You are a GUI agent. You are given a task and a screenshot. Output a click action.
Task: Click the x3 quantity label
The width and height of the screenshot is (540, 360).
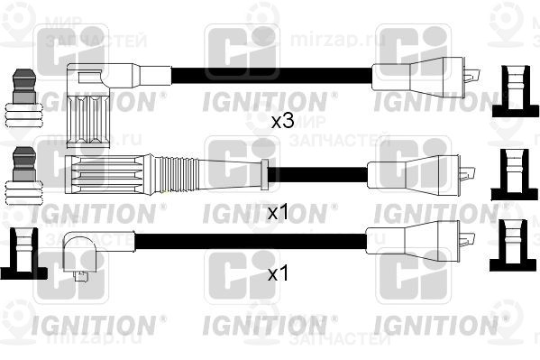[282, 121]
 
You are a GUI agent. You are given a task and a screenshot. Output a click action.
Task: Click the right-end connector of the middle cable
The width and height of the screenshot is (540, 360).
[420, 171]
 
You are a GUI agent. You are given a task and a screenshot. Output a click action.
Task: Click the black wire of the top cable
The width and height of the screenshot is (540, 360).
[270, 74]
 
